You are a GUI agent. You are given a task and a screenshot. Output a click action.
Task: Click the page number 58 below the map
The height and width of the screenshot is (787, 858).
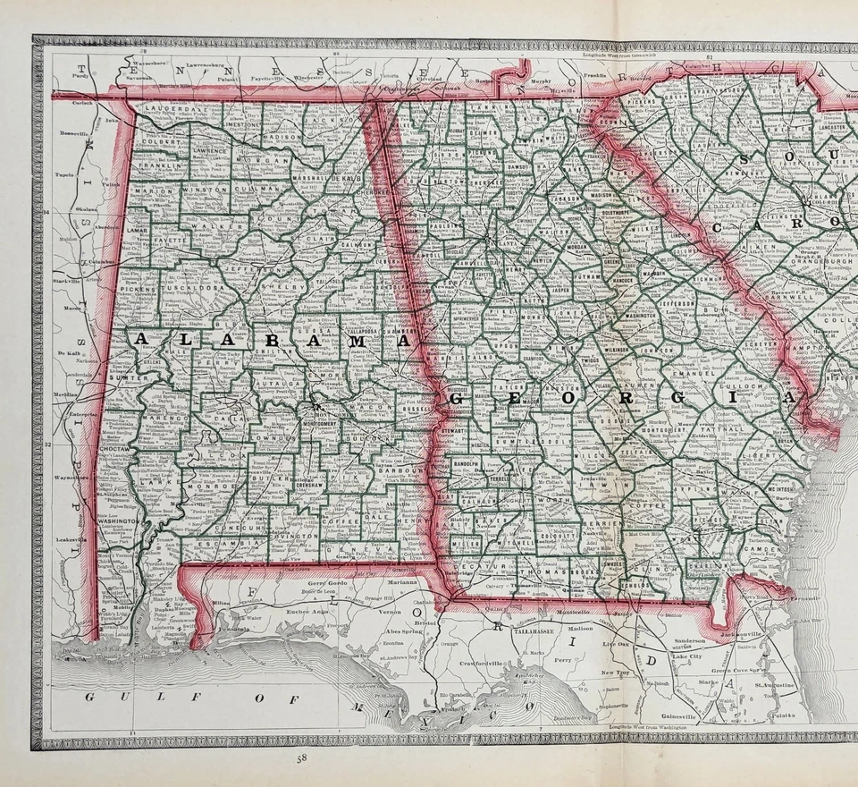[x=305, y=760]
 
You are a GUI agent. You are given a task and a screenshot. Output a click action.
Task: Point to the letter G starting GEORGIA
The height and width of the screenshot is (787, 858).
[x=459, y=397]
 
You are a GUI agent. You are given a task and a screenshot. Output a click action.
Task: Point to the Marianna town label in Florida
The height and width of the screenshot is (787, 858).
[x=404, y=582]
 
